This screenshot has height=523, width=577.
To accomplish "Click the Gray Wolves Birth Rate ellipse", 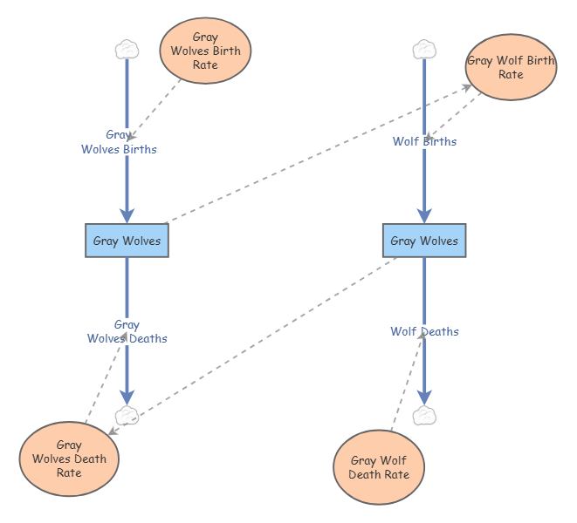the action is click(x=205, y=51).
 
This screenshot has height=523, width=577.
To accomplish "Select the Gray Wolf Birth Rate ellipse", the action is click(x=511, y=67).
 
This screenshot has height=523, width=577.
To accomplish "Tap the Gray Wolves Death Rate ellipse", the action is click(x=69, y=458).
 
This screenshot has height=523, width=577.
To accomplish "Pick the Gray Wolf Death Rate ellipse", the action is click(x=379, y=467).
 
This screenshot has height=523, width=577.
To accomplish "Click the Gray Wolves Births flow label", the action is click(x=119, y=142).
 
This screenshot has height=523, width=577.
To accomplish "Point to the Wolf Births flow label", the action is click(x=424, y=141).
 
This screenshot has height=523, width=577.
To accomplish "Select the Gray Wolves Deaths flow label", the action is click(x=127, y=331).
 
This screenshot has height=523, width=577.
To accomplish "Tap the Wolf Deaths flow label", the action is click(x=424, y=331).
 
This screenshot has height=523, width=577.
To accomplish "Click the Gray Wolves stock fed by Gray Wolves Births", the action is click(x=127, y=241).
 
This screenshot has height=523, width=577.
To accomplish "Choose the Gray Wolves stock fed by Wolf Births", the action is click(x=424, y=241).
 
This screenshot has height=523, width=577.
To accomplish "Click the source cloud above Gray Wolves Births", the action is click(x=127, y=50).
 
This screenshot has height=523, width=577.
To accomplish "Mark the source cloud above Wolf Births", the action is click(x=424, y=50).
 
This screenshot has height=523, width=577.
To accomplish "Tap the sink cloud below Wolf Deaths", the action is click(x=424, y=416).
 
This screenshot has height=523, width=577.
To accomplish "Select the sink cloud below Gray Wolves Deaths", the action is click(x=127, y=416).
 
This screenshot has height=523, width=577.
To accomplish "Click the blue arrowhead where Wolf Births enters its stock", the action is click(x=424, y=216).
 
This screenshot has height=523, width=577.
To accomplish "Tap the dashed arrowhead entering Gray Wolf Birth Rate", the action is click(x=467, y=87).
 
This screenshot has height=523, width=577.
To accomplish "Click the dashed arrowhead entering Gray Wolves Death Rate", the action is click(x=113, y=431).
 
